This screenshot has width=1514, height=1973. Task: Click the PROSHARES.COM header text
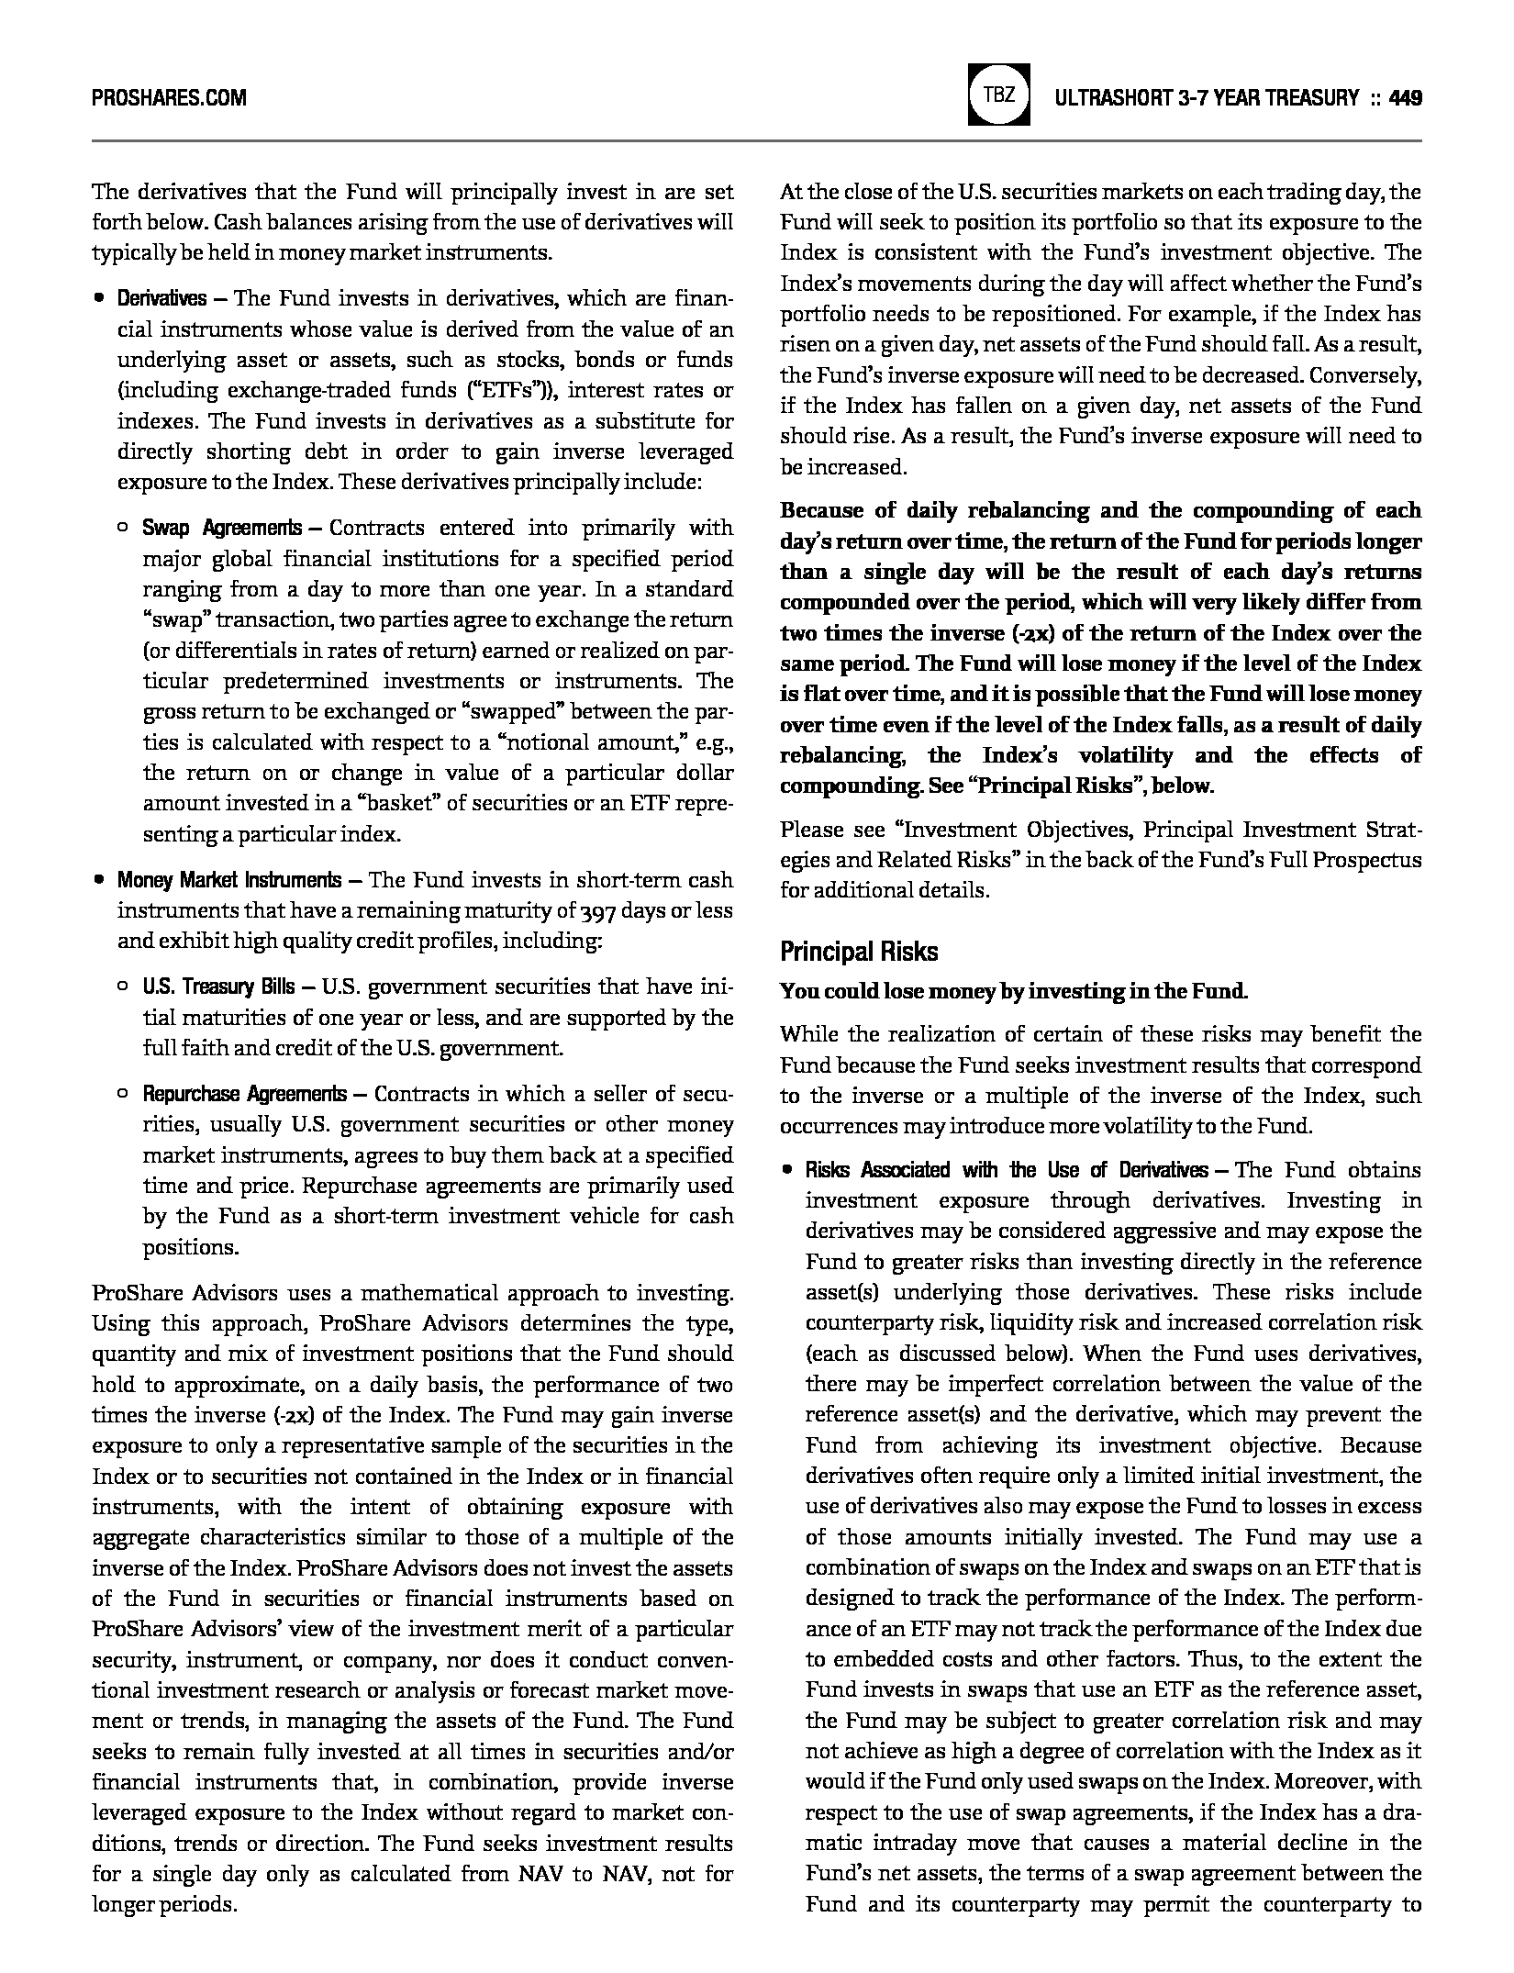pos(169,97)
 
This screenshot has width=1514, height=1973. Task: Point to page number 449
pos(1406,97)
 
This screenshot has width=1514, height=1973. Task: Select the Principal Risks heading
pos(859,952)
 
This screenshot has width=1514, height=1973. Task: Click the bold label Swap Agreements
pos(221,528)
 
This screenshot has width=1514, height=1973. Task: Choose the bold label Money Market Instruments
pos(228,880)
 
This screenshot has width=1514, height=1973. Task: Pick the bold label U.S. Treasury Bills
pos(218,986)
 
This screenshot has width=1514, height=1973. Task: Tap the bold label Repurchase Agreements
pos(244,1094)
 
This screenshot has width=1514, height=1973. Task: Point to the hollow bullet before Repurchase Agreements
pos(123,1094)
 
